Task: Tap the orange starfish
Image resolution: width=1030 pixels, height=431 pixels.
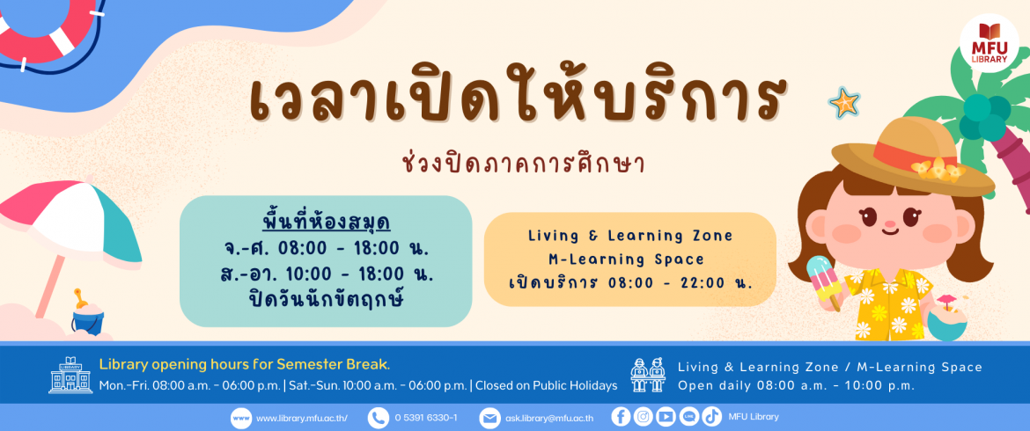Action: coord(844,103)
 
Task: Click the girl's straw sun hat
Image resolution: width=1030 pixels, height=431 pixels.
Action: coord(913,157)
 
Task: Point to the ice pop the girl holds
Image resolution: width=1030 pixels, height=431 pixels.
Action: coord(822,281)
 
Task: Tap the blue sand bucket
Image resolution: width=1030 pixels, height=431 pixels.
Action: coord(88,318)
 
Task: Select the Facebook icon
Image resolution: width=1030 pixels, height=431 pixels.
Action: coord(621,417)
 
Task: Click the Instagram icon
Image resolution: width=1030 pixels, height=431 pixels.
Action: coord(644,417)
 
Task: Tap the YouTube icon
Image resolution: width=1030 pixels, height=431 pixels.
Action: coord(666,417)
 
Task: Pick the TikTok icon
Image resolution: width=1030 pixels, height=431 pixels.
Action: coord(711,417)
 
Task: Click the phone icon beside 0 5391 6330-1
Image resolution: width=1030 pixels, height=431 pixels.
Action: coord(378,418)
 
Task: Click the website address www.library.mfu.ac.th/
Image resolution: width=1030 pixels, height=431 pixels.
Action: coord(301,418)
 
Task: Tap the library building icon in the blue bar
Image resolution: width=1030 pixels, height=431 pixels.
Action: coord(70,376)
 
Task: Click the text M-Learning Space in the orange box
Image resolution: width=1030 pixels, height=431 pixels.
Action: coord(626,259)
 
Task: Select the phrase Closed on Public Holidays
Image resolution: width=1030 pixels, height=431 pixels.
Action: coord(546,385)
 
